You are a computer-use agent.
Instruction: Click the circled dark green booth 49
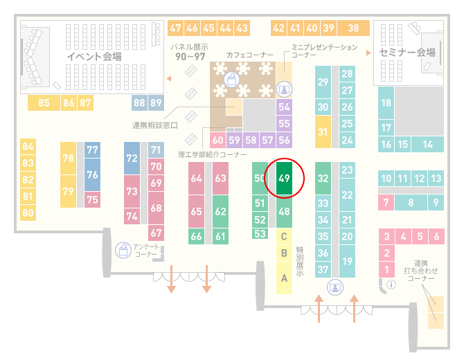coord(284,178)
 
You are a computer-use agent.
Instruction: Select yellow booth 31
coord(323,132)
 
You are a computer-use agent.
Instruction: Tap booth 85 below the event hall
coord(44,103)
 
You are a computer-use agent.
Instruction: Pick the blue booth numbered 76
coord(92,174)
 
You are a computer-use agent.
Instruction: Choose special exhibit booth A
coord(284,278)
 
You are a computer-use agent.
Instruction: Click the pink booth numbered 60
coord(217,140)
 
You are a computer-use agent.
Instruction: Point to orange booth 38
coord(354,28)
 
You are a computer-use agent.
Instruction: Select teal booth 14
coord(427,145)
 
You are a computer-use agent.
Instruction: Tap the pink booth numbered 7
coord(386,203)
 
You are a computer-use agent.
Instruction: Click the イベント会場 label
coord(94,56)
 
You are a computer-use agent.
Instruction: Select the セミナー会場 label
coord(407,53)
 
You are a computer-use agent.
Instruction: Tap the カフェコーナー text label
coord(250,55)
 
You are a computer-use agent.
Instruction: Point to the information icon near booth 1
coord(391,285)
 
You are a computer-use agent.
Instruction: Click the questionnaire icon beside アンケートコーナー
coord(123,250)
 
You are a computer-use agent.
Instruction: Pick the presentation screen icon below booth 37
coord(335,287)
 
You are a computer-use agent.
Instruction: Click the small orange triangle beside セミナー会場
coord(368,53)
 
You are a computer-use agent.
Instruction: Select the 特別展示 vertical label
coord(300,262)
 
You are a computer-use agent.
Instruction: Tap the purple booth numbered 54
coord(284,107)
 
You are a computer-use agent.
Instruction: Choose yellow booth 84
coord(28,147)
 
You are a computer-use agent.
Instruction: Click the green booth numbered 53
coord(260,234)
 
